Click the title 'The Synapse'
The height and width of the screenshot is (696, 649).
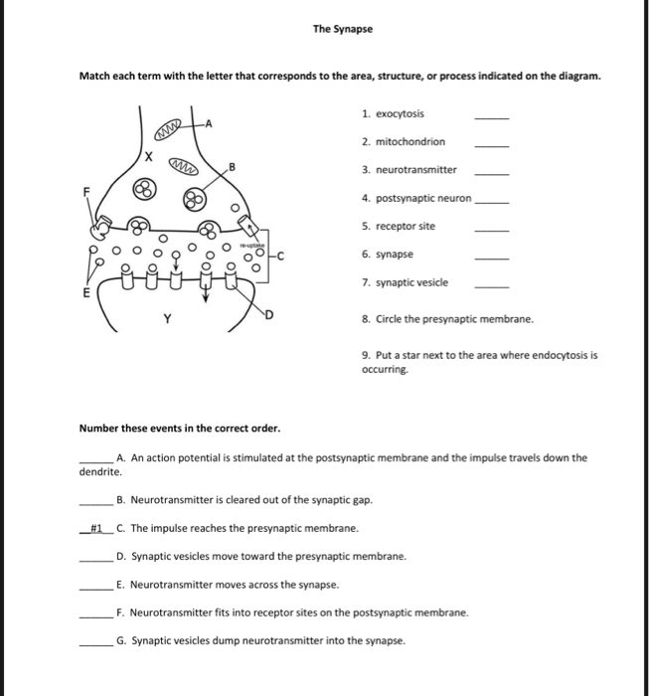(343, 29)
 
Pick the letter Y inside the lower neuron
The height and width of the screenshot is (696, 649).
(167, 320)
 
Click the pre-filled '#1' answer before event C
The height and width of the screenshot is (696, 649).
(97, 528)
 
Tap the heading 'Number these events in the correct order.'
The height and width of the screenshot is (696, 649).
(179, 429)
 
